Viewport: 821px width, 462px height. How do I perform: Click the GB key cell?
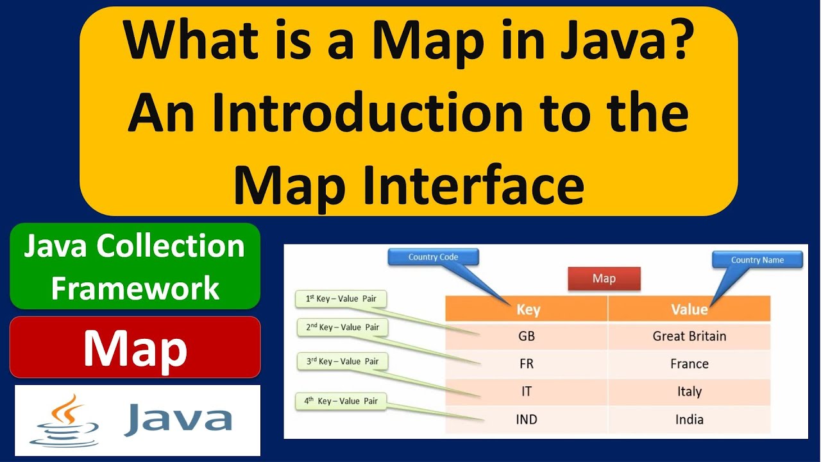(526, 336)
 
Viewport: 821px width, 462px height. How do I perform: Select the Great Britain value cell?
(689, 336)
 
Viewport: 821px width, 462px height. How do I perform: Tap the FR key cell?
(526, 364)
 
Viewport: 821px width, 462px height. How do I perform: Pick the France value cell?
(689, 364)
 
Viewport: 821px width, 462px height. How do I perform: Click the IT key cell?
(526, 391)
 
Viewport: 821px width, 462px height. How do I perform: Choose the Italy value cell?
(689, 391)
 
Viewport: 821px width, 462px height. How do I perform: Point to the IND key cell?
(526, 420)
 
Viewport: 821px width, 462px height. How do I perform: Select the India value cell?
(689, 420)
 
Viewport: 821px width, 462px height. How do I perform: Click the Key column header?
(527, 309)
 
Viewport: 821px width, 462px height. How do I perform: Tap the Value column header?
(689, 309)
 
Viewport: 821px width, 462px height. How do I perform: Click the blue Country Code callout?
(433, 257)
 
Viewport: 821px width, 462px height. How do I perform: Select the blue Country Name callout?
(757, 260)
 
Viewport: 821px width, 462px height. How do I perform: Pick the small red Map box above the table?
(604, 278)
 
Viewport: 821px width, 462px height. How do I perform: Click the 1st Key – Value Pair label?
(341, 298)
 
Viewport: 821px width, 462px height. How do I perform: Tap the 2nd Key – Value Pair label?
(343, 327)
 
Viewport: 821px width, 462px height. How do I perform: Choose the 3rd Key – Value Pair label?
(343, 361)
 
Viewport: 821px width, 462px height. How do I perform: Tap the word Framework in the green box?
(135, 288)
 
